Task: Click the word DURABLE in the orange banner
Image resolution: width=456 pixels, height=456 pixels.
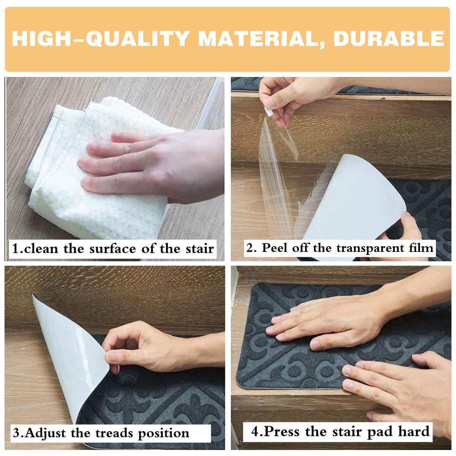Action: coord(389,39)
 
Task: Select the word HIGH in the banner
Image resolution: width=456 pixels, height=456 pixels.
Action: coord(41,39)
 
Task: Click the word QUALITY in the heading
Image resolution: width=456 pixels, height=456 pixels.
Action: coord(138,39)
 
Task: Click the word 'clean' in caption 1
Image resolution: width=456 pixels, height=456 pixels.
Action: coord(41,249)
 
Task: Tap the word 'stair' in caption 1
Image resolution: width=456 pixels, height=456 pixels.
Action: coord(200,249)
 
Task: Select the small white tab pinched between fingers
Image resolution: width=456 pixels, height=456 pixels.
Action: coord(269,112)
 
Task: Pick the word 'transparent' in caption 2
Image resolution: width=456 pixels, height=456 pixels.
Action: coord(370,249)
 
